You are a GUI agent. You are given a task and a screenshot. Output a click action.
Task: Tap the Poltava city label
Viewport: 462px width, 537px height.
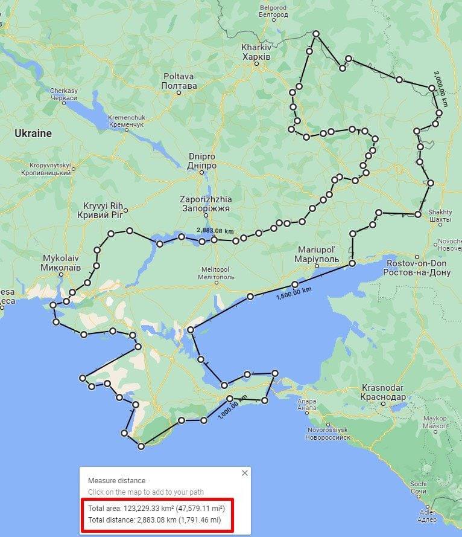179,81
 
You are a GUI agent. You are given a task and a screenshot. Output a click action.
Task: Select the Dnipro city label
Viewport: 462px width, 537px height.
202,161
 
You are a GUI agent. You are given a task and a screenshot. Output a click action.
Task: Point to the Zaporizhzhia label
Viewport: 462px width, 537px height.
205,203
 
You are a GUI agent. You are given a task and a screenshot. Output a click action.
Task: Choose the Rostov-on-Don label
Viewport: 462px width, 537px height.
416,268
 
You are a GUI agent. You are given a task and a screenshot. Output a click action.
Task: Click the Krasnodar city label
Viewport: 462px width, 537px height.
384,392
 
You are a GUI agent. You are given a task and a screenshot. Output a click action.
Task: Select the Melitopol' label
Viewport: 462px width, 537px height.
215,272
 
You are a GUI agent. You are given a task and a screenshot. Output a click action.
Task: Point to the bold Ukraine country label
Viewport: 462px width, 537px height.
33,133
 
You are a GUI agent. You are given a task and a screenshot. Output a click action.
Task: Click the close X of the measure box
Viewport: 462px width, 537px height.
244,473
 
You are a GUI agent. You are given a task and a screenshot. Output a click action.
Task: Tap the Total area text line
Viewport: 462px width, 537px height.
157,507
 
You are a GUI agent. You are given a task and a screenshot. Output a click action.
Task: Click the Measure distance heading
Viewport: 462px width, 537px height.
116,481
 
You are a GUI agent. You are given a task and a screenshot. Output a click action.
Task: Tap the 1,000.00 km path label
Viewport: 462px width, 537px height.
232,412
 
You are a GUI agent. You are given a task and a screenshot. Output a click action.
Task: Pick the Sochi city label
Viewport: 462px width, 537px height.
419,487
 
